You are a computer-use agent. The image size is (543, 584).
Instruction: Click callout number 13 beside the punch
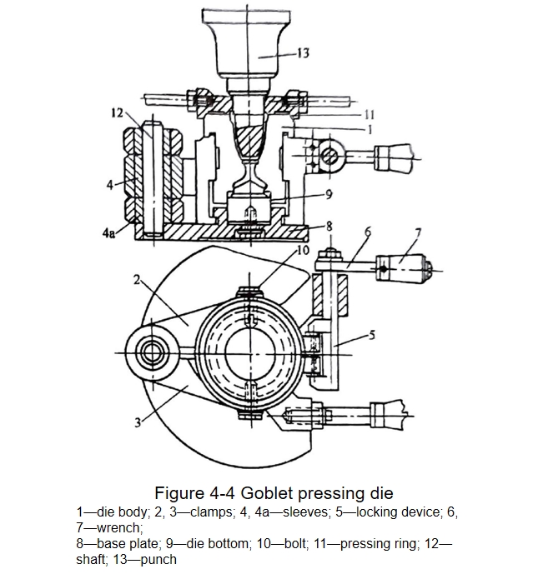click(304, 53)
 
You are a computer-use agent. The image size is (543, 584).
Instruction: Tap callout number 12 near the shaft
click(117, 112)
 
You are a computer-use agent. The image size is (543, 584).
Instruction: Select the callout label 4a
click(108, 233)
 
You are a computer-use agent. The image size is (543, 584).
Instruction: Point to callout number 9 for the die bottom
click(329, 194)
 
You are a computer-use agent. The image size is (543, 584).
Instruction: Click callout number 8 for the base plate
click(329, 227)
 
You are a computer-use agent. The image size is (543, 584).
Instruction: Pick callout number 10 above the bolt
click(304, 250)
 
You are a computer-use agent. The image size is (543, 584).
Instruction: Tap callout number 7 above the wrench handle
click(418, 233)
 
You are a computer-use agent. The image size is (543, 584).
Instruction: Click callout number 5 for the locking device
click(371, 335)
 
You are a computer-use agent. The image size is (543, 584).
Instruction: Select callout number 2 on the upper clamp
click(137, 279)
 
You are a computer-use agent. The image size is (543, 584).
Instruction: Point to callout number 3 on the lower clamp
click(138, 422)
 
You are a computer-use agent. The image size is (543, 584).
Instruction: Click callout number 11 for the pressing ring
click(369, 115)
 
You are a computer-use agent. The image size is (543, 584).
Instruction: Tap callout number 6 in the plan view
click(368, 232)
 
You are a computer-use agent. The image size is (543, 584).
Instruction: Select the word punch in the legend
click(158, 559)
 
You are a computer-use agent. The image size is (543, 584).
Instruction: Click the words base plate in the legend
click(127, 543)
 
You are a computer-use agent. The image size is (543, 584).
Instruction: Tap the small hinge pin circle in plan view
click(152, 352)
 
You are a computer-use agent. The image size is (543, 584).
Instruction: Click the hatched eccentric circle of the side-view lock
click(330, 155)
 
